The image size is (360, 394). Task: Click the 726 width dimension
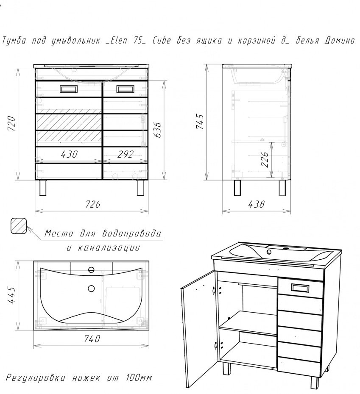92,204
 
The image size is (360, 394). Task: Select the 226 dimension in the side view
265,160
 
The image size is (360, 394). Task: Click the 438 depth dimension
255,204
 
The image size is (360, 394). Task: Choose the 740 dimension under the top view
92,339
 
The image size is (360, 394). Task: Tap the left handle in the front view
69,89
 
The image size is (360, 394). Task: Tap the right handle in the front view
125,89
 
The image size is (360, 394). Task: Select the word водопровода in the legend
132,233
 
